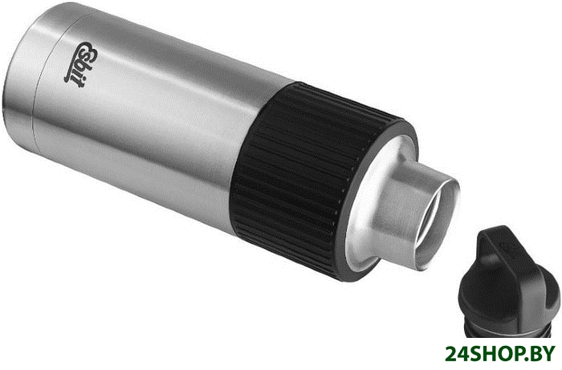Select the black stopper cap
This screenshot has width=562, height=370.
tap(509, 281)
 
